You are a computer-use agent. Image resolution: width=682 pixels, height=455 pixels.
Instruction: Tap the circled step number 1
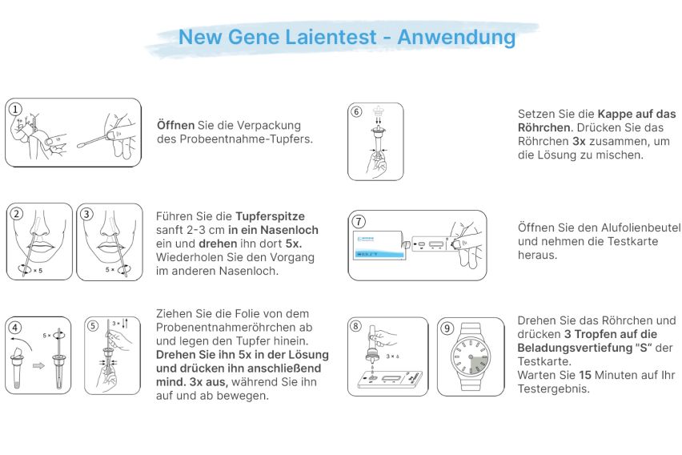click(x=15, y=108)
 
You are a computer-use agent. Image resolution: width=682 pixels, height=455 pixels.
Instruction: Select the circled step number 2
click(x=18, y=214)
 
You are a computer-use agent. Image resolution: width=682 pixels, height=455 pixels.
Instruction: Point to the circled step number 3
click(x=87, y=214)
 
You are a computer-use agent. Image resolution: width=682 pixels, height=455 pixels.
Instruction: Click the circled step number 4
click(x=16, y=327)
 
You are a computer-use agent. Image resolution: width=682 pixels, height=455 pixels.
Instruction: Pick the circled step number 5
click(x=93, y=327)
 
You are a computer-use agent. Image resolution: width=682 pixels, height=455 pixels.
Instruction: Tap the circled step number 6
click(x=357, y=112)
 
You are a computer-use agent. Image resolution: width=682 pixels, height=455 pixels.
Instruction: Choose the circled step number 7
click(x=359, y=221)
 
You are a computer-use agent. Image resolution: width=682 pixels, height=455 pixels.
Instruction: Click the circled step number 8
click(x=357, y=326)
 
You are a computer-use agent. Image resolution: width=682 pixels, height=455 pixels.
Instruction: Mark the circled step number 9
click(x=447, y=327)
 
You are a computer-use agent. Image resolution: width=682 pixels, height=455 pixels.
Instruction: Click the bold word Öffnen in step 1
click(x=175, y=125)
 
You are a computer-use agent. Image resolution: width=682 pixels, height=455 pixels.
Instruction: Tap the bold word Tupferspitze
click(x=270, y=216)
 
